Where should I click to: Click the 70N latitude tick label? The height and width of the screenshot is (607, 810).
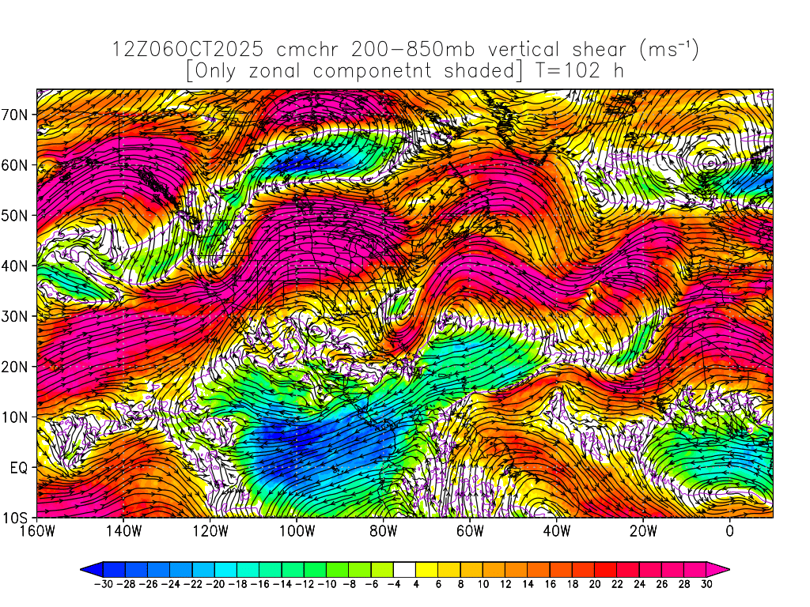click(17, 115)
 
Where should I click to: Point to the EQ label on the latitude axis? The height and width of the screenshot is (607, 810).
click(19, 467)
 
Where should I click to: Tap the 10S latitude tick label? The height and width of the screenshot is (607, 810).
click(17, 518)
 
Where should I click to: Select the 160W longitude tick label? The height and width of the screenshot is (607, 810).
click(37, 531)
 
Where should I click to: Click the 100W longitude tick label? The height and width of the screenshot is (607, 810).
click(297, 531)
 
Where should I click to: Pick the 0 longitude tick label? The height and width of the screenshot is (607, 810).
click(729, 531)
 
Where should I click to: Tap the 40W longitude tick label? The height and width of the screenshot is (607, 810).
click(556, 531)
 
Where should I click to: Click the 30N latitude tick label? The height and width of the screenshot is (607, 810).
click(17, 316)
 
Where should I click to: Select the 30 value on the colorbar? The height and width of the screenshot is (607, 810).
click(707, 586)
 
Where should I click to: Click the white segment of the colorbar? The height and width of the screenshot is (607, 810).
click(403, 568)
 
